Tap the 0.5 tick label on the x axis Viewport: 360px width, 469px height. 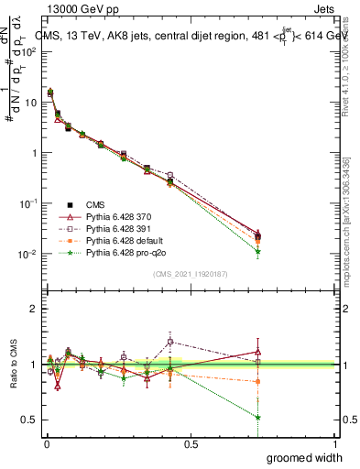[191, 443]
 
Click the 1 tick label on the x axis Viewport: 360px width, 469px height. [335, 443]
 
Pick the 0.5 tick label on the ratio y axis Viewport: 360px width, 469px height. [28, 420]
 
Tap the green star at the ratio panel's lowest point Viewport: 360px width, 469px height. [258, 418]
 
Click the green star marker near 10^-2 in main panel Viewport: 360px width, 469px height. [258, 251]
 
